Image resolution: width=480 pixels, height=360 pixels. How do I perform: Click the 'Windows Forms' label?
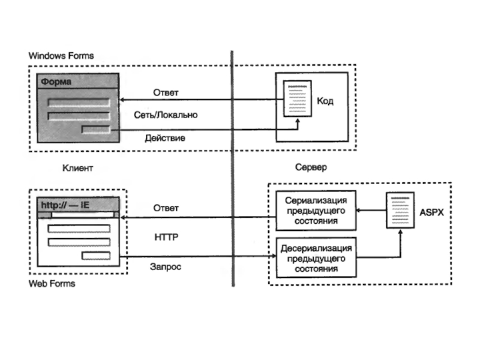coord(61,56)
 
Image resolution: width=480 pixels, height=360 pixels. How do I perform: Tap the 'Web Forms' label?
coord(52,283)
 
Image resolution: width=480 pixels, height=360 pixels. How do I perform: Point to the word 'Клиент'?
coord(78,169)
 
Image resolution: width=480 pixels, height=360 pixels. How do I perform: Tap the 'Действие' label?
coord(165,138)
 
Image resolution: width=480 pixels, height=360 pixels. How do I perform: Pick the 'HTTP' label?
coord(166,238)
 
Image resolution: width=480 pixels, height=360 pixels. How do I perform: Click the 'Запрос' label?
coord(166,266)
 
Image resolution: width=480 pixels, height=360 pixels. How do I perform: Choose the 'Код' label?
coord(325,102)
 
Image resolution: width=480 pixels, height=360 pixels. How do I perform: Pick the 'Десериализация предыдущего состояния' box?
coord(316,258)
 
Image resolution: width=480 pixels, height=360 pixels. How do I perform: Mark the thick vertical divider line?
coord(232,168)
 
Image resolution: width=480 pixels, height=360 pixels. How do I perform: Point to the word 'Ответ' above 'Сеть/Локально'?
coord(166,92)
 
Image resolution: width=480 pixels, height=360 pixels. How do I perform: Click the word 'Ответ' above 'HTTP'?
coord(166,208)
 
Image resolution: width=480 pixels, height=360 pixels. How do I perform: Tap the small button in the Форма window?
coord(96,129)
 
